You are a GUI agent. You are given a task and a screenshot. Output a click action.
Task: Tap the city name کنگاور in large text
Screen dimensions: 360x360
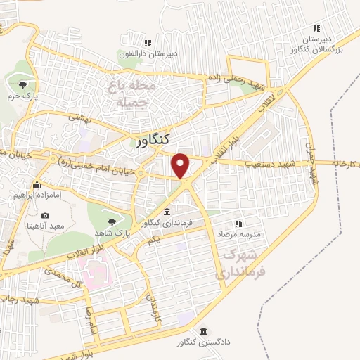(x=155, y=140)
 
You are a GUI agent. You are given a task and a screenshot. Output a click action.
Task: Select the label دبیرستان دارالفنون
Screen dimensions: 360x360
(x=156, y=53)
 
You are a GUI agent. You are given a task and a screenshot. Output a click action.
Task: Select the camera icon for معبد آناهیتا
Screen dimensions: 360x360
(x=45, y=214)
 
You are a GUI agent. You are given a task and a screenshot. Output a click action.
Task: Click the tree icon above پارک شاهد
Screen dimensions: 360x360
(x=112, y=221)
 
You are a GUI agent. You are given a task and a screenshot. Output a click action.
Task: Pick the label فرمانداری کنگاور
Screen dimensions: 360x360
(x=160, y=223)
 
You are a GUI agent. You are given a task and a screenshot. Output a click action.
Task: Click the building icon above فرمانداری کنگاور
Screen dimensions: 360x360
(x=167, y=212)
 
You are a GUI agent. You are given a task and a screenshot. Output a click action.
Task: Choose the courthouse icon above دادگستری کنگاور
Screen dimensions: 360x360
(x=203, y=330)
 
